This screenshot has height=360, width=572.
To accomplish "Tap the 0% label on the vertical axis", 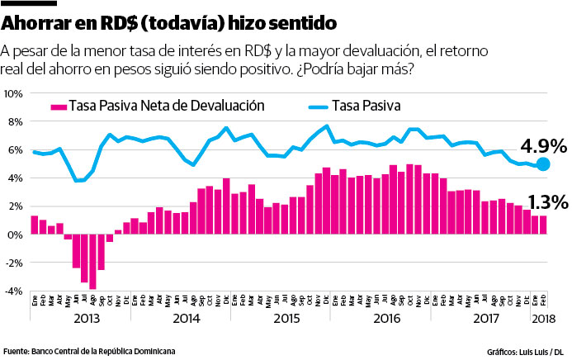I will pyautogui.click(x=15, y=234).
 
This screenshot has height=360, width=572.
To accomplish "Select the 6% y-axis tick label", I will pyautogui.click(x=15, y=150).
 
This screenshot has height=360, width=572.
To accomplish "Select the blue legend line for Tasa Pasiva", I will pyautogui.click(x=310, y=106).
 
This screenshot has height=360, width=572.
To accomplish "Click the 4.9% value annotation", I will pyautogui.click(x=543, y=146).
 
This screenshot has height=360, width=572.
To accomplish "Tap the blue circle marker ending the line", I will pyautogui.click(x=541, y=165).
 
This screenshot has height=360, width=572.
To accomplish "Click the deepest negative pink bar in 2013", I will pyautogui.click(x=93, y=262).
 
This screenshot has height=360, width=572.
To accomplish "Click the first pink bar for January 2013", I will pyautogui.click(x=34, y=225).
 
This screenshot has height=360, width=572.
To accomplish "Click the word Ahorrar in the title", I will pyautogui.click(x=39, y=18).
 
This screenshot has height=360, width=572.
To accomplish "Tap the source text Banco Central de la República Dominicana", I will pyautogui.click(x=104, y=350).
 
